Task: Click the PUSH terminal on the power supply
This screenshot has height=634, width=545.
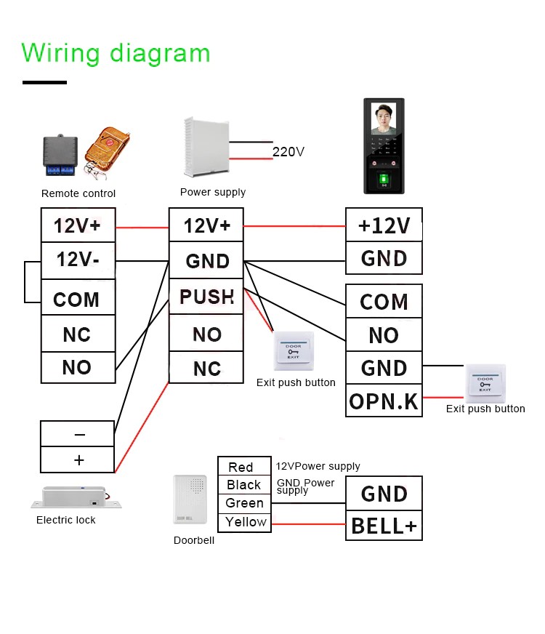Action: [x=206, y=297]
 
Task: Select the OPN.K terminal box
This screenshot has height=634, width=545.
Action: [x=384, y=401]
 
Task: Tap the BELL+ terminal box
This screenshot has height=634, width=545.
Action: [x=384, y=525]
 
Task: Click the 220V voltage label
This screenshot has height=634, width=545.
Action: [x=288, y=152]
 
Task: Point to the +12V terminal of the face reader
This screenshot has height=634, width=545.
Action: [x=384, y=225]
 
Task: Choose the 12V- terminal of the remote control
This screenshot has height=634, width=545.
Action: [x=78, y=260]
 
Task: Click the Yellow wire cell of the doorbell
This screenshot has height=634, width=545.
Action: [x=245, y=522]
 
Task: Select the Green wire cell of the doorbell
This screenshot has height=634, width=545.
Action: [x=245, y=503]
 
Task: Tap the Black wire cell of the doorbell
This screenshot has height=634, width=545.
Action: [x=245, y=485]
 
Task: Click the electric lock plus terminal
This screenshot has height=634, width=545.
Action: [x=78, y=460]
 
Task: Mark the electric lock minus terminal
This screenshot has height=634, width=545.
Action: [x=78, y=434]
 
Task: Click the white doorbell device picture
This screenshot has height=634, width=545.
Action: [x=190, y=499]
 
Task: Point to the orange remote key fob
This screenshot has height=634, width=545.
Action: [x=107, y=151]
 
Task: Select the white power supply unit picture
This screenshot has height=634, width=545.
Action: [x=206, y=148]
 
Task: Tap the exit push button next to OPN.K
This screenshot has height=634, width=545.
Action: [x=485, y=383]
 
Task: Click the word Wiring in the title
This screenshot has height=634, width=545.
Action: [x=61, y=53]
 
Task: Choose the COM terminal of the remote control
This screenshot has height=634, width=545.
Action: [x=78, y=299]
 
